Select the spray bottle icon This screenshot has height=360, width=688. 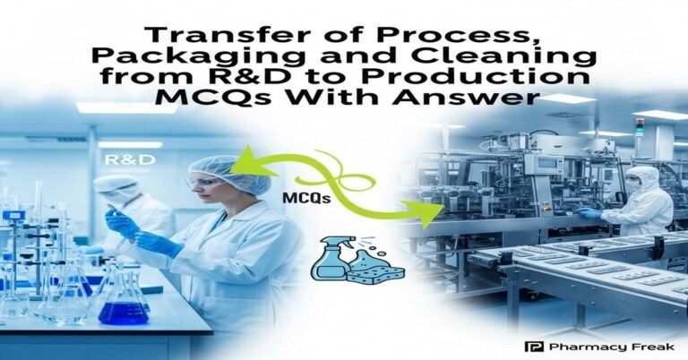327,260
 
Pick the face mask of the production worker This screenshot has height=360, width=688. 632,186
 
